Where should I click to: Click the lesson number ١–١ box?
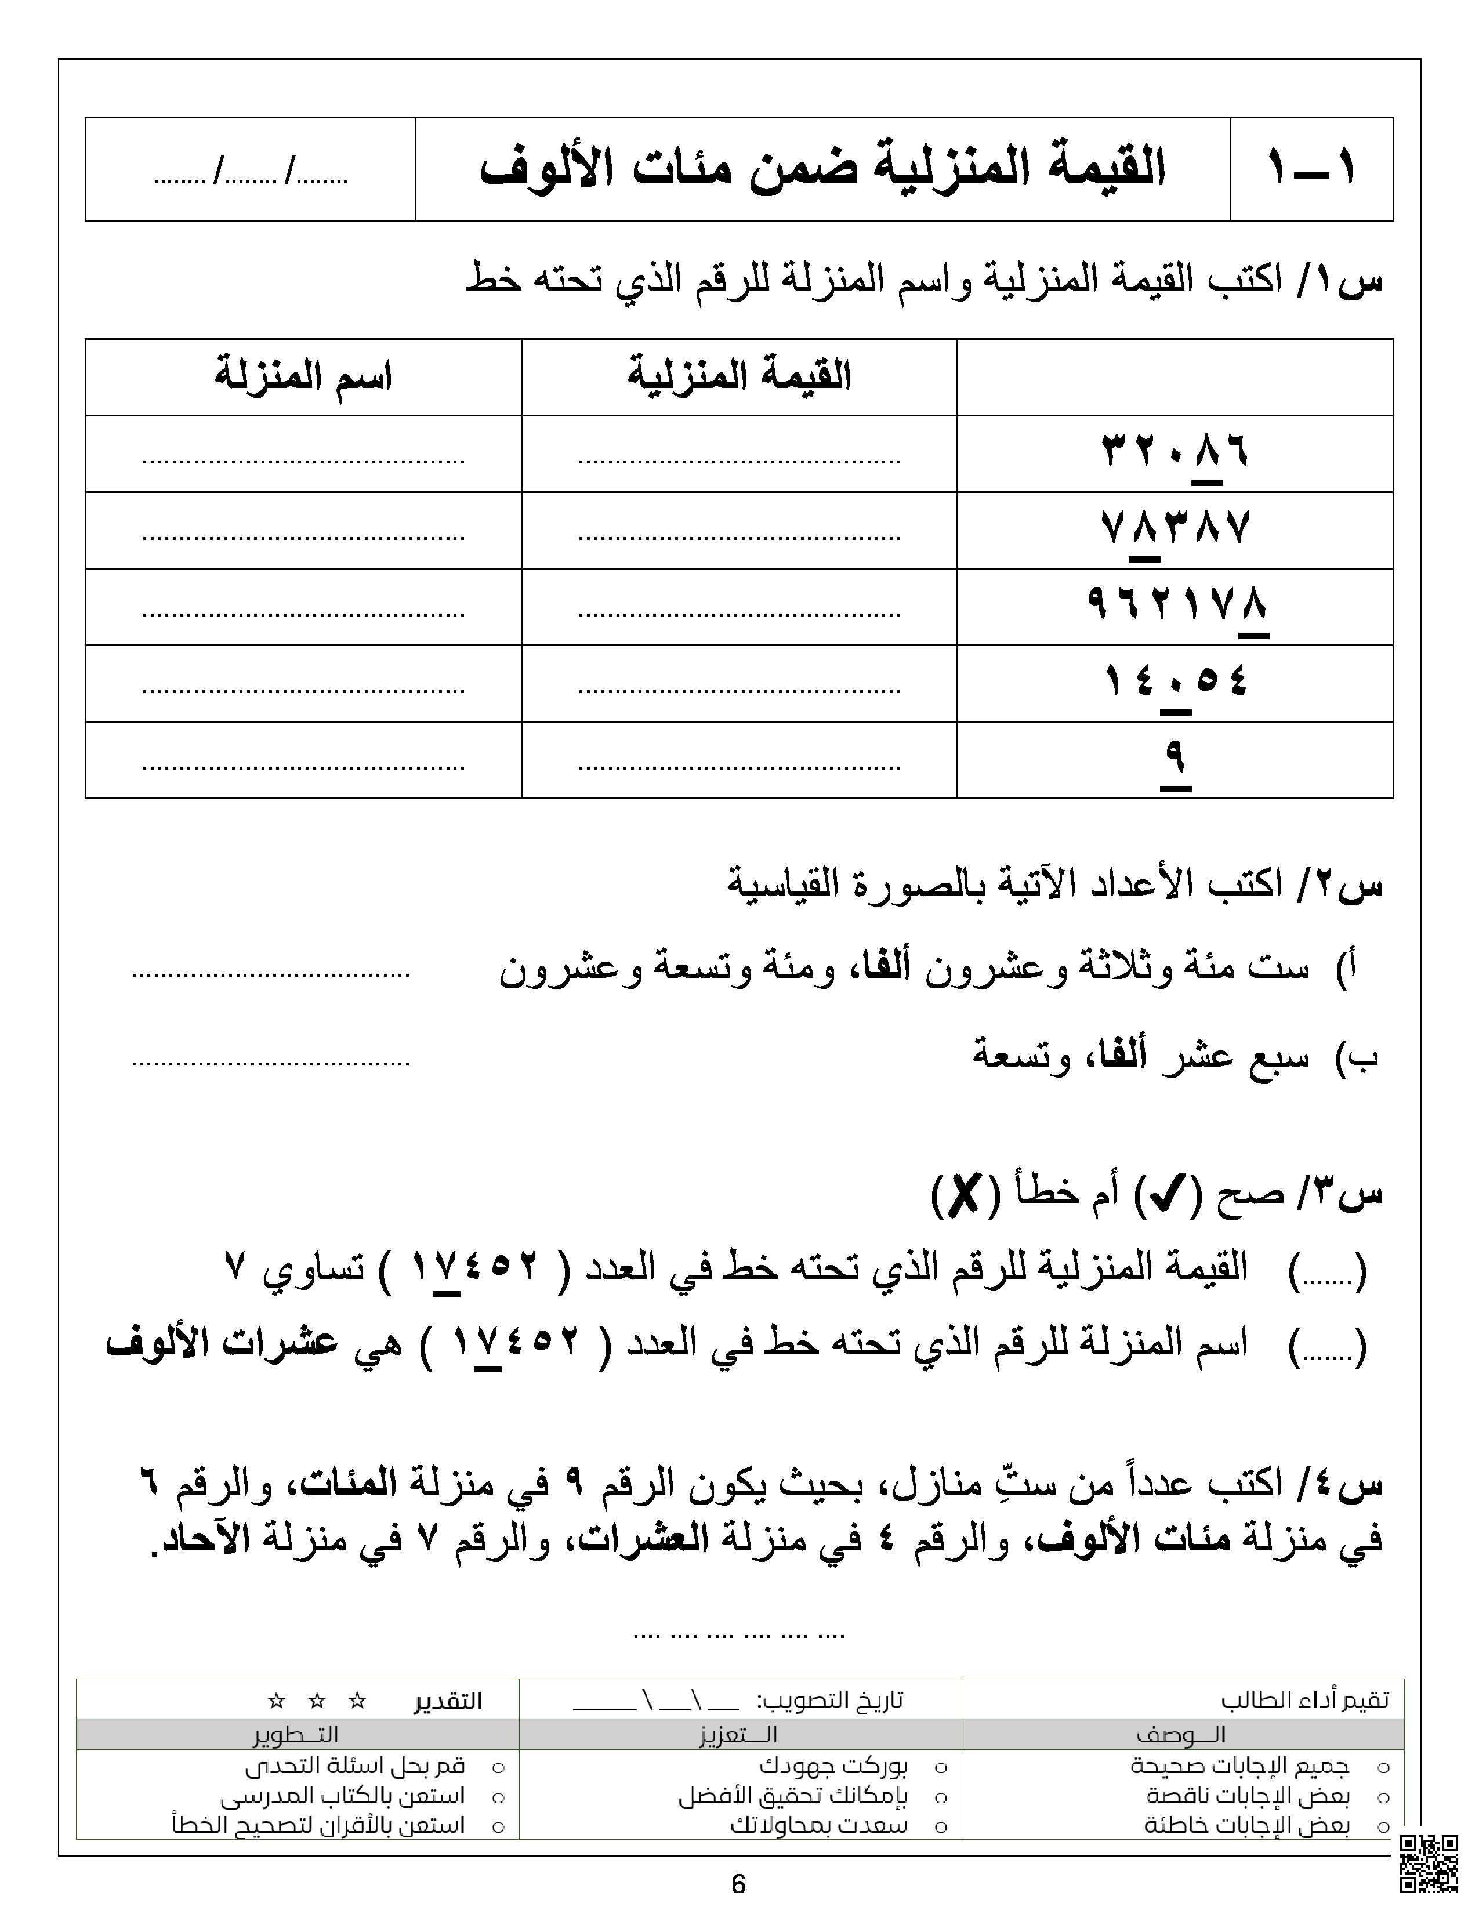pos(1311,168)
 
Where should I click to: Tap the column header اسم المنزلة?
pos(303,377)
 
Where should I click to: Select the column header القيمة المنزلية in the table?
pos(738,377)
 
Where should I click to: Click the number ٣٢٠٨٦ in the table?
pos(1174,452)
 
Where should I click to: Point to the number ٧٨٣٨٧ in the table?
pos(1174,530)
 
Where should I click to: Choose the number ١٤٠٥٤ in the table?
pos(1174,682)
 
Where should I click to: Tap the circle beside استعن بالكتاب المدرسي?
pos(498,1797)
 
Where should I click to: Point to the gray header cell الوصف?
pos(1181,1734)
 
